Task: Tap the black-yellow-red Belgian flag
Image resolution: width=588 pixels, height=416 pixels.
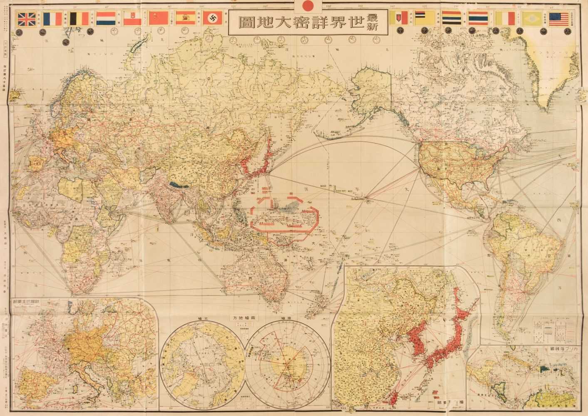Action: [80, 20]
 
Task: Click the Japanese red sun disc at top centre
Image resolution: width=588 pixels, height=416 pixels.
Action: [308, 6]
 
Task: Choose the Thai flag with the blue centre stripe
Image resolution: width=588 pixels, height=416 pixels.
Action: [479, 20]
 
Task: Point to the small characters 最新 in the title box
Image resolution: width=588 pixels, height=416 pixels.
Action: [377, 23]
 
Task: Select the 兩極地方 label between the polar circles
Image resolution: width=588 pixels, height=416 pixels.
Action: [243, 317]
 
